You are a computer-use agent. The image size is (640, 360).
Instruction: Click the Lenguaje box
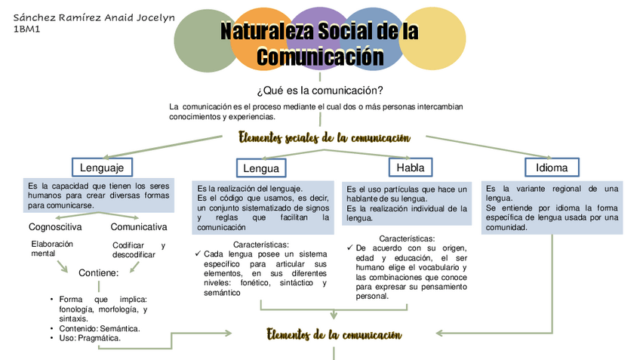pyautogui.click(x=102, y=166)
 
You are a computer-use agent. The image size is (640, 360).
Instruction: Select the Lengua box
pyautogui.click(x=261, y=168)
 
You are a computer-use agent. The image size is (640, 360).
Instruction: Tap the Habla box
pyautogui.click(x=410, y=167)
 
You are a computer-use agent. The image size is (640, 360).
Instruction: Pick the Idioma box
pyautogui.click(x=552, y=167)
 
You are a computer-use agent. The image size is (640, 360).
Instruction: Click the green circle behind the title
pyautogui.click(x=198, y=41)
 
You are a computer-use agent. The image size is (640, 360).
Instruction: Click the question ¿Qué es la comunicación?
pyautogui.click(x=319, y=91)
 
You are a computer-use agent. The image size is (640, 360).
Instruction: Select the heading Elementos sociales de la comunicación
pyautogui.click(x=325, y=138)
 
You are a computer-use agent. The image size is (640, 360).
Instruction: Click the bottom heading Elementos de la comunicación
pyautogui.click(x=334, y=334)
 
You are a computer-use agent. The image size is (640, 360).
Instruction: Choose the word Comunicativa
pyautogui.click(x=139, y=226)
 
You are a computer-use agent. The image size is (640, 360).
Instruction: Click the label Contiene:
pyautogui.click(x=98, y=272)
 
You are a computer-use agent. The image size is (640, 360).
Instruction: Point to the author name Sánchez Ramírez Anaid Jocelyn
pyautogui.click(x=94, y=17)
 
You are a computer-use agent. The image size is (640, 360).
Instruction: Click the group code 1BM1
pyautogui.click(x=27, y=29)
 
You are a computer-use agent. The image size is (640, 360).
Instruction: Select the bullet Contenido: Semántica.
pyautogui.click(x=102, y=328)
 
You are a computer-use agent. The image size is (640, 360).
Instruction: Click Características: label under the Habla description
pyautogui.click(x=406, y=238)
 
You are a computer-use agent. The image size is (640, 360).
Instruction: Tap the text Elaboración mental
pyautogui.click(x=52, y=248)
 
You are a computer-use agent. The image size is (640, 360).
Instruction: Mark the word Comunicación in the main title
pyautogui.click(x=320, y=57)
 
